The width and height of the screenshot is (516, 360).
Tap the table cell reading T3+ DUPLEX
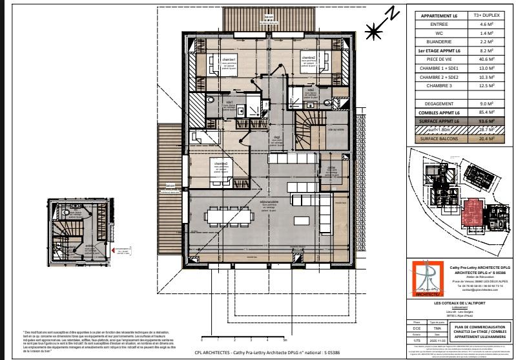coord(487,14)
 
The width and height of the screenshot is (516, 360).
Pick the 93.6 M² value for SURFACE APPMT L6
coord(487,120)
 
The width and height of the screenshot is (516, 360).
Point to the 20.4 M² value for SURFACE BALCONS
coord(487,138)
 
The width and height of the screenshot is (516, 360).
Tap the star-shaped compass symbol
coord(373,29)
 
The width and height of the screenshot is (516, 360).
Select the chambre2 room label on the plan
coord(309,58)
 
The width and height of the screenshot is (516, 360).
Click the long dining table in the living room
coord(238,215)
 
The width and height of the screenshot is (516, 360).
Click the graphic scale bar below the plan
coord(243,336)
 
